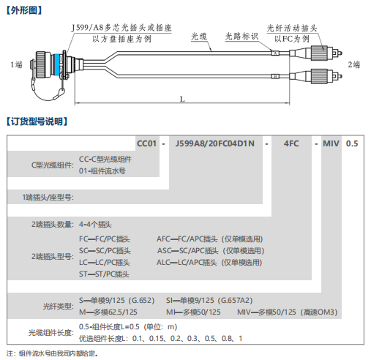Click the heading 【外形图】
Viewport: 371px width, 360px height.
click(24, 10)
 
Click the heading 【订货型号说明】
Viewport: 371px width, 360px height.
click(37, 121)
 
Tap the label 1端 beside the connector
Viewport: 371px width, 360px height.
click(16, 64)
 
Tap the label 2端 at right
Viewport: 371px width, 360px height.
click(354, 64)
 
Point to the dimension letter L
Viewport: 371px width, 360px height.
click(182, 100)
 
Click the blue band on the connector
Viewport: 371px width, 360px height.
click(57, 64)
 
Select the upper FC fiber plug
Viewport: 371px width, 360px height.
click(316, 53)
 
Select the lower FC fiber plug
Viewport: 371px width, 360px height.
click(316, 76)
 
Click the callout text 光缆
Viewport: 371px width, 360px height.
click(199, 37)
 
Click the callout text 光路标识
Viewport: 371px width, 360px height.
click(241, 37)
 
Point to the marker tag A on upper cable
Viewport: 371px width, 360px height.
click(275, 53)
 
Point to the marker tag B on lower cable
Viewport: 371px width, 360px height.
click(275, 77)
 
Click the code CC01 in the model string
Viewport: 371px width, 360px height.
click(146, 143)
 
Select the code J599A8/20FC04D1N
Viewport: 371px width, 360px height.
click(215, 143)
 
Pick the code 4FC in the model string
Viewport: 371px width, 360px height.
click(291, 143)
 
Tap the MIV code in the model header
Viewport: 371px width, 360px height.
click(331, 143)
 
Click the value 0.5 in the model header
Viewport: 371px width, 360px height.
click(352, 143)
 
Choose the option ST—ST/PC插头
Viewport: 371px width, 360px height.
click(104, 274)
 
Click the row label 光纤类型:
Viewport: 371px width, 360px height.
click(59, 306)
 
